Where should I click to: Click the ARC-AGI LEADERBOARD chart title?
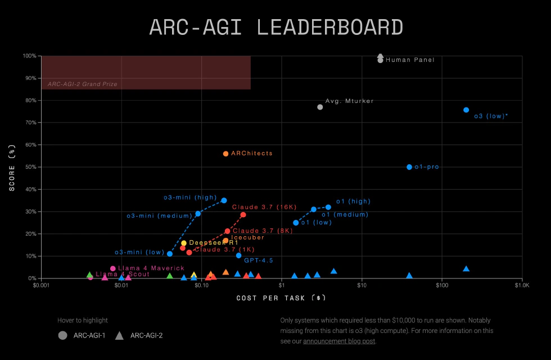coord(275,28)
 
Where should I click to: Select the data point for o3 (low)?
coord(466,110)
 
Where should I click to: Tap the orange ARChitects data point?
coord(225,154)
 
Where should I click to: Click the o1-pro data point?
coord(409,167)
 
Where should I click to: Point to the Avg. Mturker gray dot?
coord(320,107)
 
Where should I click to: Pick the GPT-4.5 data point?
coord(238,255)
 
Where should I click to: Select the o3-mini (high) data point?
coord(224,200)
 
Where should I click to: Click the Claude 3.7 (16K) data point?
coord(243,215)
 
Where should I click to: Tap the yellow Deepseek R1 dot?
coord(183,243)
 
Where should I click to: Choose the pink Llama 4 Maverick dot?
coord(112,268)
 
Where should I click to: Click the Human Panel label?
coord(410,60)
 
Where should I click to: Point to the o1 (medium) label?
coord(345,214)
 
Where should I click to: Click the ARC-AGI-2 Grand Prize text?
coord(82,84)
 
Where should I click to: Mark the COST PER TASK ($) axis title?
coord(281,298)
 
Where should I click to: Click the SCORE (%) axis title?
coord(12,167)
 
